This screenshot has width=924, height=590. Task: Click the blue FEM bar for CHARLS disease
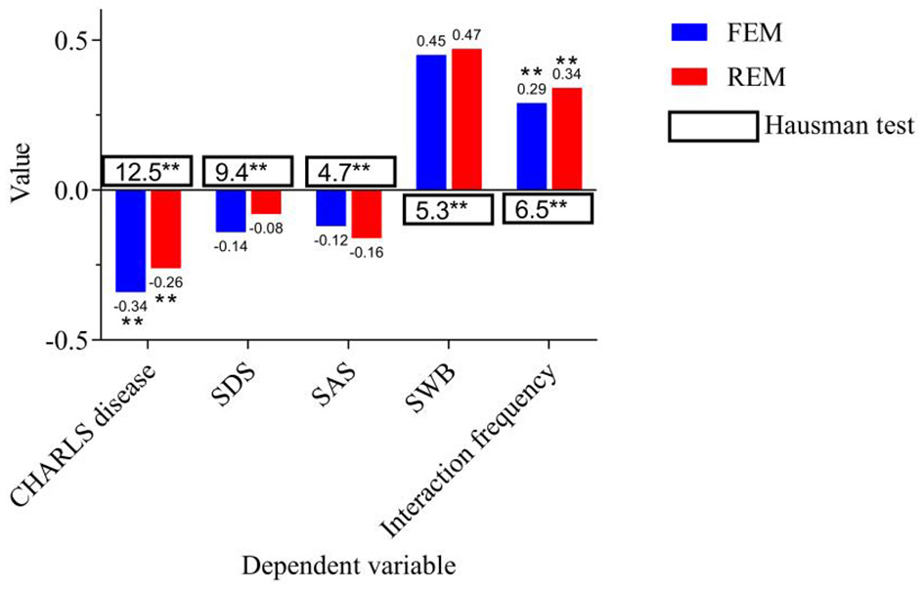pos(130,240)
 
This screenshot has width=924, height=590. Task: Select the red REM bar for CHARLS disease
pos(165,229)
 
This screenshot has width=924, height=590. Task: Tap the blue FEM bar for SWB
pos(431,122)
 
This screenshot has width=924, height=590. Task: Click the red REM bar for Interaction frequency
pos(567,139)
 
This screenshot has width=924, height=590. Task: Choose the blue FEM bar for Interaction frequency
pos(532,147)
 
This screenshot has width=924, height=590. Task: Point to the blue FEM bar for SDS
pos(231,211)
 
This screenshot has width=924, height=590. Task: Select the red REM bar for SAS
pos(366,214)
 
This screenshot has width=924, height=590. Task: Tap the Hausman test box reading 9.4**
pos(247,172)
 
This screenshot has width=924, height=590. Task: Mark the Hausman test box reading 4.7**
pos(349,172)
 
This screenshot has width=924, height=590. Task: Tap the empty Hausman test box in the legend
pos(713,126)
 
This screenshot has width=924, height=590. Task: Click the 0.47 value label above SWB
pos(467,35)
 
